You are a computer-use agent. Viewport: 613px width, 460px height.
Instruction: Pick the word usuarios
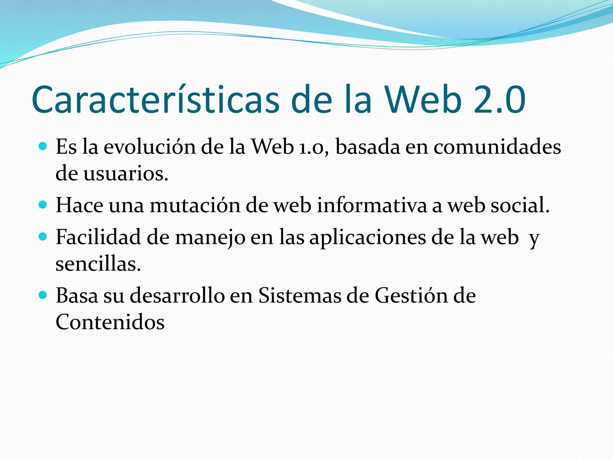126,173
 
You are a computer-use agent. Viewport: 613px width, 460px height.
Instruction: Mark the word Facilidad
98,237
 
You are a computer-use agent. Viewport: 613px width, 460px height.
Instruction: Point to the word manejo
210,238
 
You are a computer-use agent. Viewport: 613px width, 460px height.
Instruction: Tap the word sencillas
98,264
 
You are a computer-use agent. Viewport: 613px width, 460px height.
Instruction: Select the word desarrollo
177,295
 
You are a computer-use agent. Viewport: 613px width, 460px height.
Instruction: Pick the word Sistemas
300,295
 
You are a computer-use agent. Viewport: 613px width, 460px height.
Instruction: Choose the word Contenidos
110,322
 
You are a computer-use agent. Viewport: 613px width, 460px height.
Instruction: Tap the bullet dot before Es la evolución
43,146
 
